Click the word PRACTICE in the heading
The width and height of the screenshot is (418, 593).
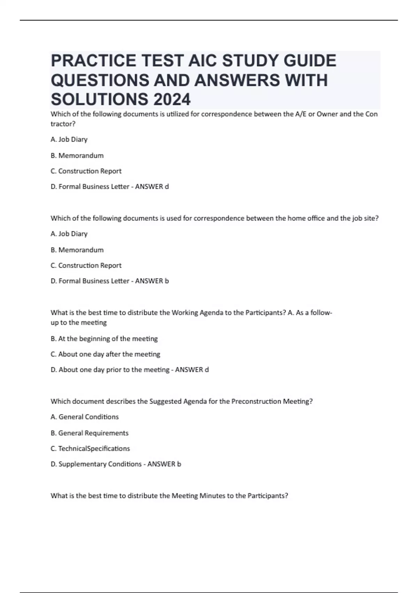click(x=93, y=61)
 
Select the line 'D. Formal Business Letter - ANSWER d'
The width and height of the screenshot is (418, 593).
click(x=109, y=187)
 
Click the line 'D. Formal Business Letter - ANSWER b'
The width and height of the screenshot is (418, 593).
click(x=109, y=281)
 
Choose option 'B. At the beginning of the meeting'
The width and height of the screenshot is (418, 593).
click(x=104, y=339)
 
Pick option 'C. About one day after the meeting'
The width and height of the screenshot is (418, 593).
click(x=105, y=354)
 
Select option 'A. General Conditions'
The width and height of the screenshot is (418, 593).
click(x=84, y=417)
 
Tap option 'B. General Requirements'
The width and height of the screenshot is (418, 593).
click(x=89, y=433)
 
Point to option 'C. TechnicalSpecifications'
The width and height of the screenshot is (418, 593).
click(x=90, y=449)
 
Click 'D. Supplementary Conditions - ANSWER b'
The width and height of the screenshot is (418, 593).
click(x=116, y=464)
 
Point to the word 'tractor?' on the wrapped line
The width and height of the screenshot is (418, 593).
click(x=63, y=124)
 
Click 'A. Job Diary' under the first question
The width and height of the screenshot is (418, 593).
click(x=69, y=140)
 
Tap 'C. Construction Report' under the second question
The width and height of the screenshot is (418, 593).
click(x=86, y=265)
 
